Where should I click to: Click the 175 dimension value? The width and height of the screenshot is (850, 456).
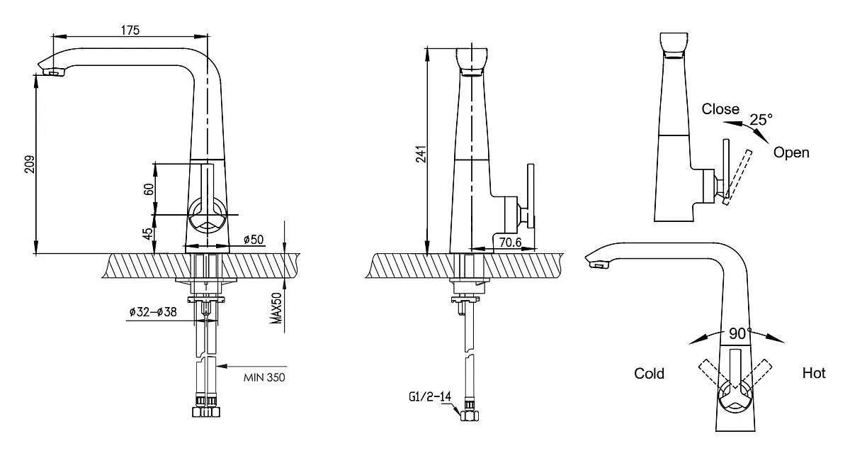click(130, 30)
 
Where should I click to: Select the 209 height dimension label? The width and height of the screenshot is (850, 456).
click(30, 164)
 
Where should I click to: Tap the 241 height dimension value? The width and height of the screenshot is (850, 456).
click(421, 154)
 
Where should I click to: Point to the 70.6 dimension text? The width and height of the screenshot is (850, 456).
click(511, 242)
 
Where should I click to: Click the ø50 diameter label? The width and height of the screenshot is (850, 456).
click(254, 240)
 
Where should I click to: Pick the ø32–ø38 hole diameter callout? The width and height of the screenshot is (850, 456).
click(153, 312)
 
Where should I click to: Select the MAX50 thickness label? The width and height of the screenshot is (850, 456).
click(277, 308)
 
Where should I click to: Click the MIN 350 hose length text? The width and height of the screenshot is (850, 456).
click(264, 377)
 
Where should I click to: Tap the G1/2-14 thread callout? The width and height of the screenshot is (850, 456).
click(430, 396)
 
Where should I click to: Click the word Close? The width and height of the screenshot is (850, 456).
click(720, 109)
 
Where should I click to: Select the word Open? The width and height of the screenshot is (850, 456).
click(791, 152)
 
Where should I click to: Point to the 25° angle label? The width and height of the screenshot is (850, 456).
click(761, 120)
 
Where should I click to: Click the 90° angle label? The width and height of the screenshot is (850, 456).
click(740, 333)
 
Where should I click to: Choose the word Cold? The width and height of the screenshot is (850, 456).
click(649, 373)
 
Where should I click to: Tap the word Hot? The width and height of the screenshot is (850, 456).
click(814, 373)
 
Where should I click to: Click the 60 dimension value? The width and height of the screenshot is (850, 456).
click(149, 189)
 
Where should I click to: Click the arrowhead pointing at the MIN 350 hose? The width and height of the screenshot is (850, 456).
click(222, 367)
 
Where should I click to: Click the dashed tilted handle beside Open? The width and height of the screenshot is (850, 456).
click(737, 177)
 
